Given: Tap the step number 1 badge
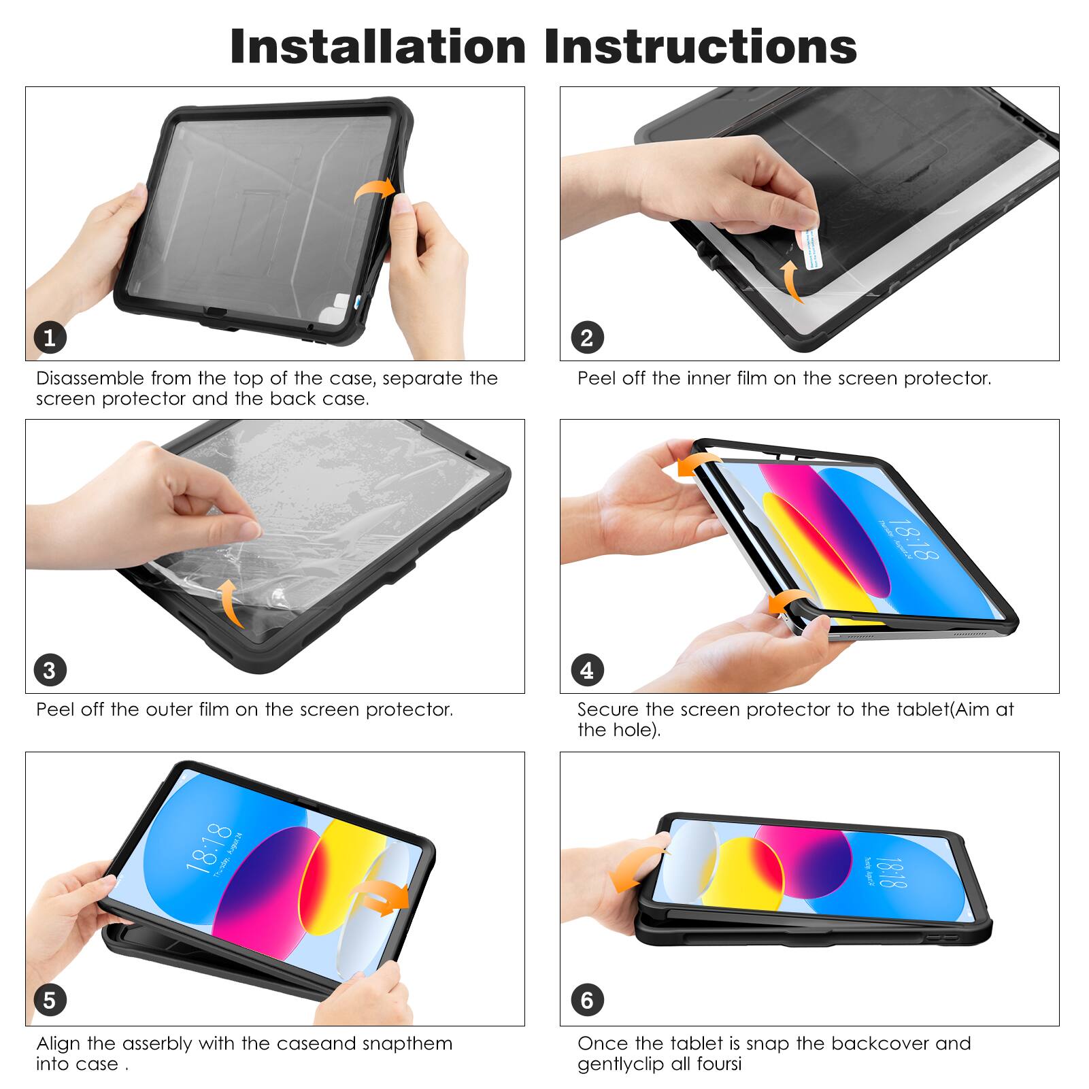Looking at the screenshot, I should point(50,337).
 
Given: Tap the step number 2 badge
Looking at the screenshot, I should point(586,337).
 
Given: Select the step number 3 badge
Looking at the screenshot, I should point(50,671).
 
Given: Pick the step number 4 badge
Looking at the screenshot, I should point(586,671).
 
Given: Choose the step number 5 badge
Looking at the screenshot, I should point(50,1000).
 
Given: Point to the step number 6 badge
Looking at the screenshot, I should point(586,1000).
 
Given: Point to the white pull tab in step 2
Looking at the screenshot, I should point(811,248).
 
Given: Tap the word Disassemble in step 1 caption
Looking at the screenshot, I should point(90,378).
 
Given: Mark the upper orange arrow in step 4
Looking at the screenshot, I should point(697,465).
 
